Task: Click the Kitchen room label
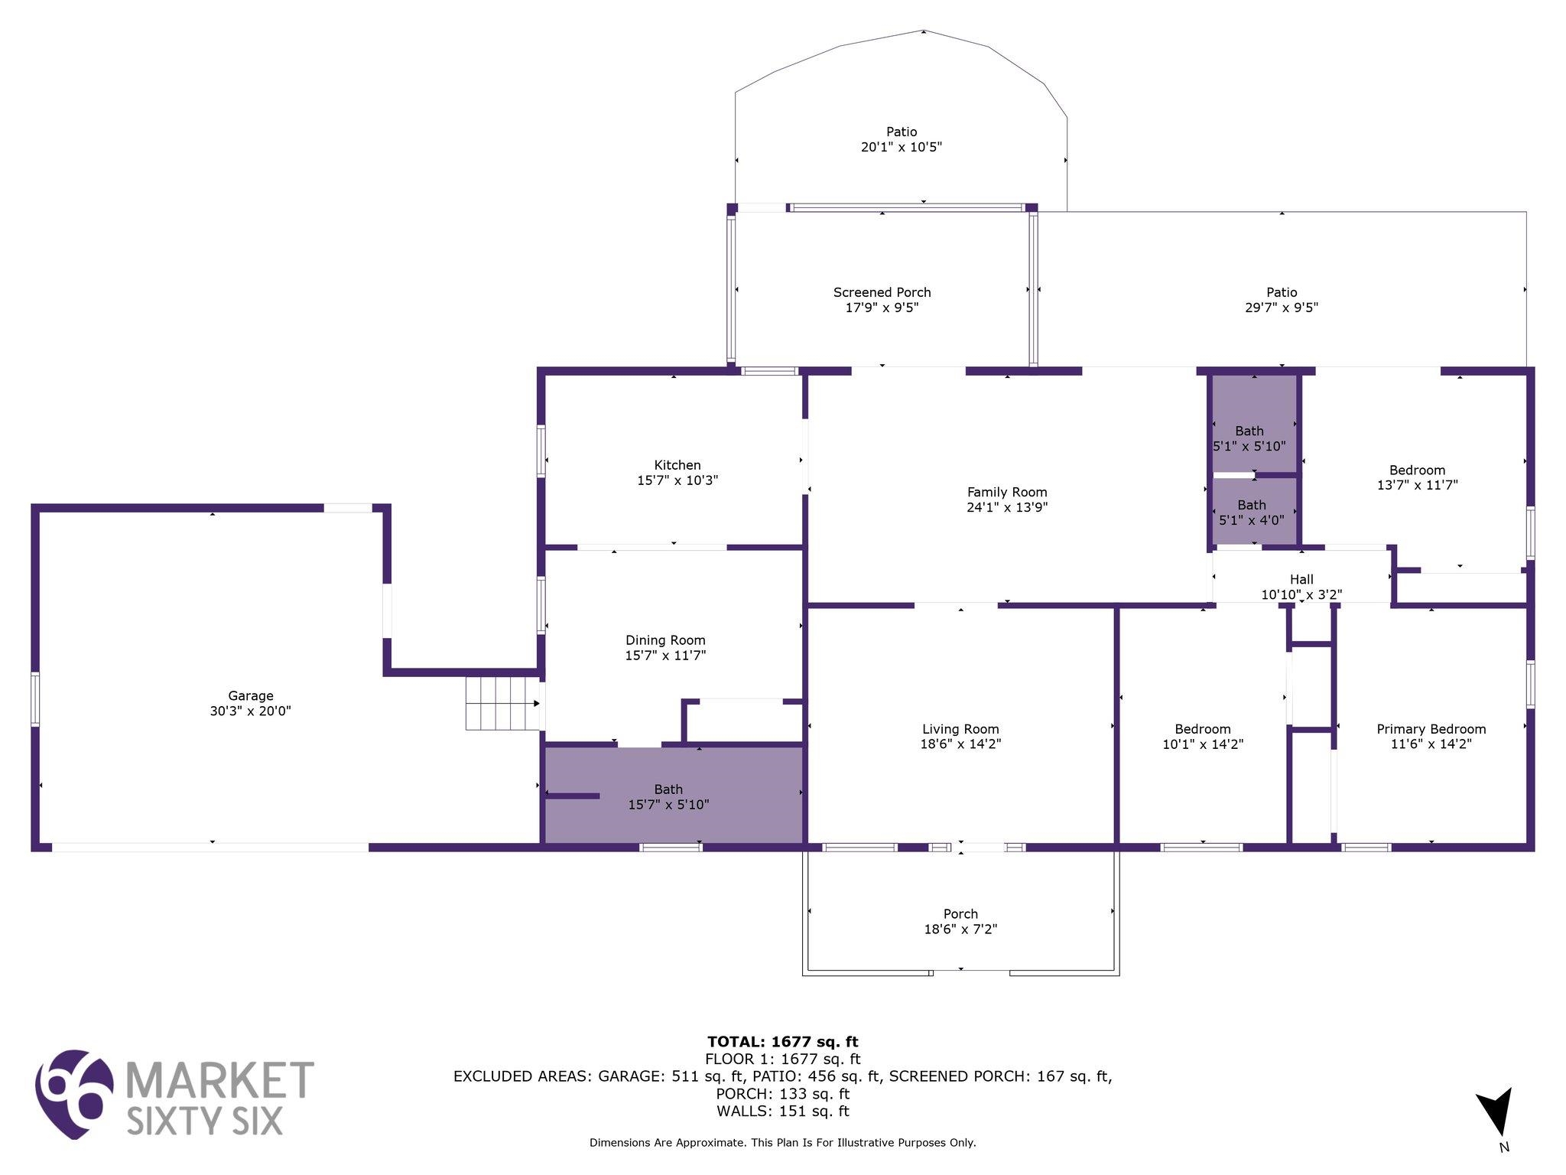pos(677,465)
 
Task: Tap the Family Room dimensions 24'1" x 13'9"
pos(1007,507)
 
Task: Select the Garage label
pos(251,696)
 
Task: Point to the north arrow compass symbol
pos(1495,1112)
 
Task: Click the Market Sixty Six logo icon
pos(74,1094)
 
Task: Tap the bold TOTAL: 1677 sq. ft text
pos(783,1042)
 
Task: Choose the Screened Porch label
pos(882,292)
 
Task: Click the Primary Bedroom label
pos(1431,729)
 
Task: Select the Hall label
pos(1301,580)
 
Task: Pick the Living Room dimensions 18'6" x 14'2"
pos(960,744)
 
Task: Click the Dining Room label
pos(665,640)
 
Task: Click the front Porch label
pos(960,914)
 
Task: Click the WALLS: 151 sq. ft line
pos(783,1112)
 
